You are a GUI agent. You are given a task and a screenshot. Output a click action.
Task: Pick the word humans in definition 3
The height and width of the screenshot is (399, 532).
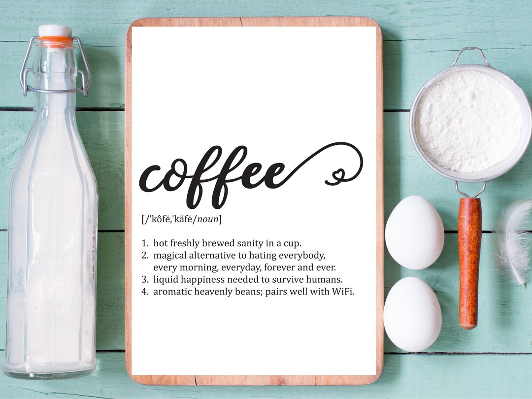pyautogui.click(x=324, y=279)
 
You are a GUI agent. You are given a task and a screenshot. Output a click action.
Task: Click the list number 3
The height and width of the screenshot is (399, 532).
pyautogui.click(x=145, y=279)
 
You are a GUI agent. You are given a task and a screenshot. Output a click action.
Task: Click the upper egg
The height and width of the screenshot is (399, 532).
pyautogui.click(x=414, y=232)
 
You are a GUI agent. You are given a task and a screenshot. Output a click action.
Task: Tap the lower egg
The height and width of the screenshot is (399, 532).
pyautogui.click(x=412, y=314)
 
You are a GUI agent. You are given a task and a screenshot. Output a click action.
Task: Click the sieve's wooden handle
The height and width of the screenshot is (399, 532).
pyautogui.click(x=469, y=261)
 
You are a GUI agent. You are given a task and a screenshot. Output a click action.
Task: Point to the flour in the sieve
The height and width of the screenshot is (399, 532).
pyautogui.click(x=467, y=120)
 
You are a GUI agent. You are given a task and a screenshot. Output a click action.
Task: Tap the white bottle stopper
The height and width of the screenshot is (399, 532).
pyautogui.click(x=55, y=30)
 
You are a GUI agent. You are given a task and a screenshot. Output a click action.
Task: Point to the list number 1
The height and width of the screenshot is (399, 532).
pyautogui.click(x=145, y=243)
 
